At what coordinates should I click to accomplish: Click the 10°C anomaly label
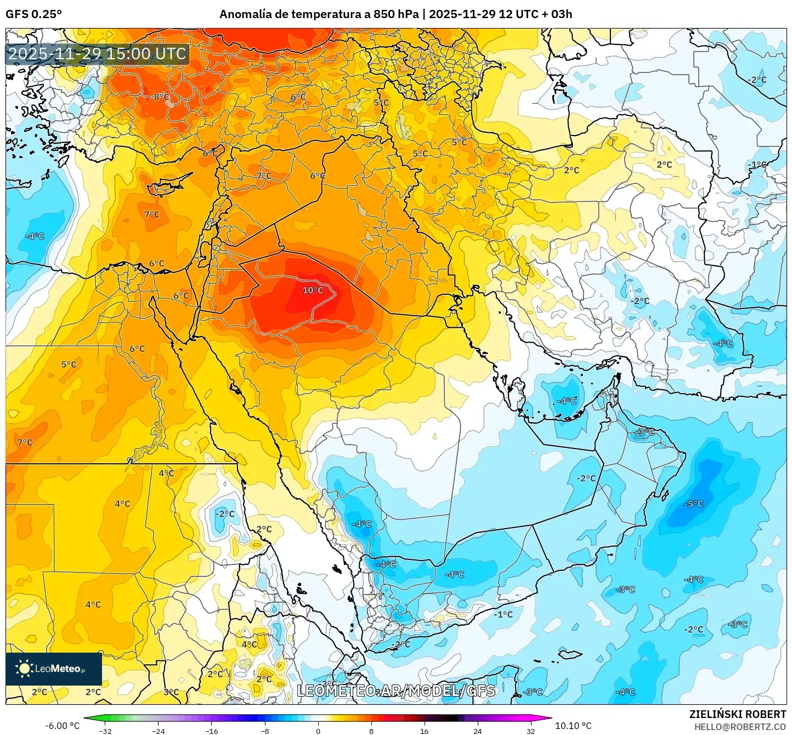click(x=313, y=290)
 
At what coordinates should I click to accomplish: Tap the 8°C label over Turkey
click(x=161, y=97)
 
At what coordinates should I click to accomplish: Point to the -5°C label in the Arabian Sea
click(x=694, y=504)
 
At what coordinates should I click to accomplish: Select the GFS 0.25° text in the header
click(x=34, y=14)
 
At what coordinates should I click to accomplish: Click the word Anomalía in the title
click(x=245, y=14)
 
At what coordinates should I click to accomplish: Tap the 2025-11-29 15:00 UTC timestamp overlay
click(x=97, y=54)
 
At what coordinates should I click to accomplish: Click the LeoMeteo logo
click(x=53, y=669)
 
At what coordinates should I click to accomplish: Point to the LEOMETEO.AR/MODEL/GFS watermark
click(x=395, y=691)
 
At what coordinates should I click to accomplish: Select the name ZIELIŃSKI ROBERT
click(x=737, y=714)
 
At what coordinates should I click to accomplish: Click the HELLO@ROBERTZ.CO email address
click(x=739, y=727)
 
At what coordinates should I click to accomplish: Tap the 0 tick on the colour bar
click(x=318, y=731)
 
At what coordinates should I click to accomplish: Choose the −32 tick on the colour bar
click(x=105, y=731)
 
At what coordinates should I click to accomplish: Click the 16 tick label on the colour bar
click(x=424, y=731)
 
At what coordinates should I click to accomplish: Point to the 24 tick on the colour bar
click(x=477, y=731)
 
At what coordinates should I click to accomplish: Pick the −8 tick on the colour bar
click(x=264, y=731)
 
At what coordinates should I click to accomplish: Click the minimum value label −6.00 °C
click(x=62, y=726)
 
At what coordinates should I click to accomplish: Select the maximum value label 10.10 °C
click(x=573, y=726)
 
